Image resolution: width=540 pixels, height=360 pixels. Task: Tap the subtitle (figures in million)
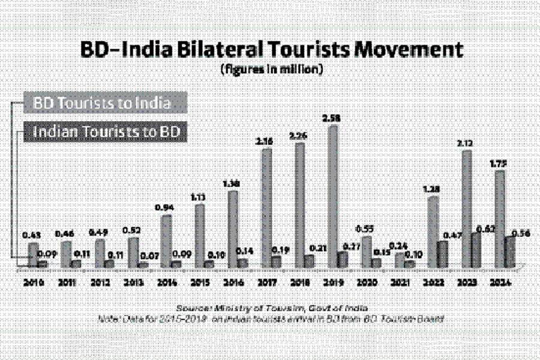273,70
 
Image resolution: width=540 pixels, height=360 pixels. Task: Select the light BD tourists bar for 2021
399,260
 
